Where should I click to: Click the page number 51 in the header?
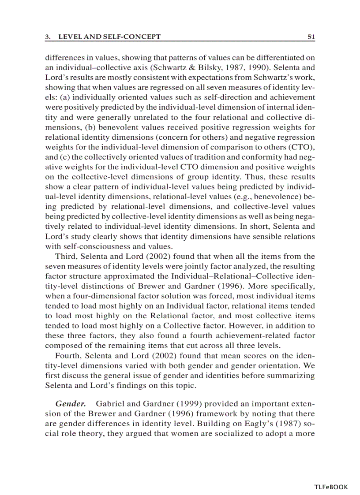point(311,37)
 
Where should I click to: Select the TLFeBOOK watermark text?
point(331,487)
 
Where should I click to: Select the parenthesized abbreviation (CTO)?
point(304,146)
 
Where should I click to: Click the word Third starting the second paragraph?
point(65,256)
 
